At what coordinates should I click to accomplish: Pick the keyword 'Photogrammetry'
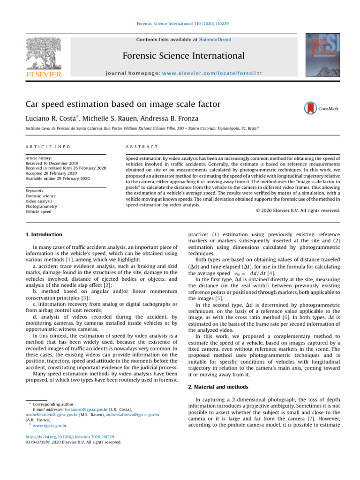(x=42, y=206)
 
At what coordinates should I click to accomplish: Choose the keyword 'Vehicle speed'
(x=39, y=212)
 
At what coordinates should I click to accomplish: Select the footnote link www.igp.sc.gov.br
(x=51, y=426)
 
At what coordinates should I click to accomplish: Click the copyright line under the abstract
(x=298, y=210)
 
